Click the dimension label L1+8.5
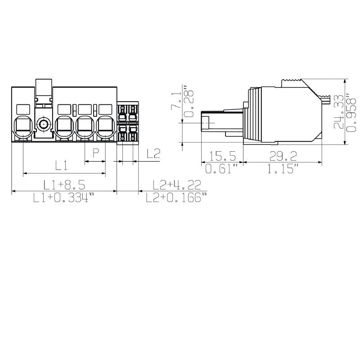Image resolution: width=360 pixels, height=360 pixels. click(64, 184)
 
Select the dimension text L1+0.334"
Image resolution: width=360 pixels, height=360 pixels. click(64, 198)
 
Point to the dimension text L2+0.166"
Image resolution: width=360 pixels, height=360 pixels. click(177, 198)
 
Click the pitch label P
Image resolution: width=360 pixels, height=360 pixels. click(95, 153)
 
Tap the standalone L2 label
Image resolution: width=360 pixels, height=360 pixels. click(153, 153)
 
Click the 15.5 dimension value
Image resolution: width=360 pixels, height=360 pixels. click(223, 156)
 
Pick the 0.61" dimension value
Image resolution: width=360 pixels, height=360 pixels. click(222, 169)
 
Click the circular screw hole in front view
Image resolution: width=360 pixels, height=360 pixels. click(44, 125)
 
